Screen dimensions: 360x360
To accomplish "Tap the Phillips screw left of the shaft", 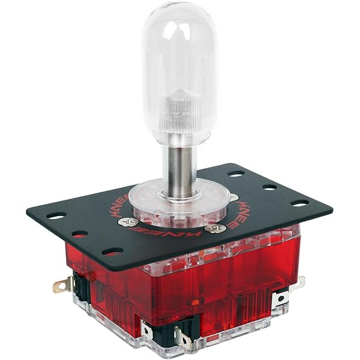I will pyautogui.click(x=128, y=222).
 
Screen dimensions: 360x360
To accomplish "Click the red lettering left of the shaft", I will pyautogui.click(x=114, y=207).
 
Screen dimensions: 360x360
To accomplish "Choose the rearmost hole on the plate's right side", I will pyautogui.click(x=236, y=174).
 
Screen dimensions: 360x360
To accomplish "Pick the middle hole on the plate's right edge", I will pyautogui.click(x=269, y=187).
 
